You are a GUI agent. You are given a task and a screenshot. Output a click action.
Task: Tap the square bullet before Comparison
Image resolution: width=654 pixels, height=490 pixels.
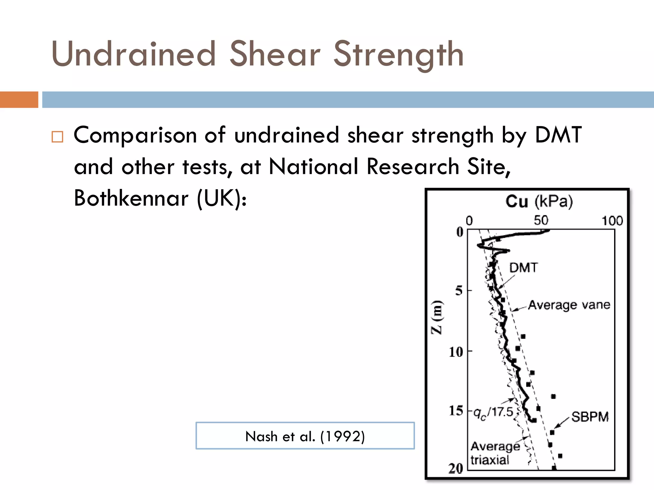click(57, 137)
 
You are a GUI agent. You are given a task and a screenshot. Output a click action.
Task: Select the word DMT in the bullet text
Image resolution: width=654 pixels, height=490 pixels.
click(558, 135)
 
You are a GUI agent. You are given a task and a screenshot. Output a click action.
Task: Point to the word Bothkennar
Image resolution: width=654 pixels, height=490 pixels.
click(131, 198)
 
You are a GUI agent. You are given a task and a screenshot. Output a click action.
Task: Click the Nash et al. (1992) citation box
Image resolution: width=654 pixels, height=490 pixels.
click(305, 436)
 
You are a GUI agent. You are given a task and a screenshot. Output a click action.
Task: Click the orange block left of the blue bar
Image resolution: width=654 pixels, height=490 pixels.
click(19, 100)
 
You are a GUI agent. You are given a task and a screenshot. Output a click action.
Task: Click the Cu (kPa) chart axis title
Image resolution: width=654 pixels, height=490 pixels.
click(539, 201)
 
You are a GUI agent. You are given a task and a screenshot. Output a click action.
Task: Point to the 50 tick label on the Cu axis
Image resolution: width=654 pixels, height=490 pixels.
click(541, 220)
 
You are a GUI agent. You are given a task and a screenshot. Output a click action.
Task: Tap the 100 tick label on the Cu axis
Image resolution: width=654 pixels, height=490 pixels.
click(612, 221)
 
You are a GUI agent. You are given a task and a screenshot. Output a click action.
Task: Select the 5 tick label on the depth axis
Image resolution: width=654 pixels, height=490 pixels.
click(459, 291)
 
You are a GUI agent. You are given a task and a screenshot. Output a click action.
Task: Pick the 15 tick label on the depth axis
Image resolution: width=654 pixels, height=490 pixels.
click(456, 411)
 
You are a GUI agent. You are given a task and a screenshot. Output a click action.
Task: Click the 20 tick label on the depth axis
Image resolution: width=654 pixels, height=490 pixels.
click(456, 468)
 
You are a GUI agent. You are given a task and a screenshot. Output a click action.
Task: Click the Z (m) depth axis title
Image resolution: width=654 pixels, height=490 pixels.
click(437, 317)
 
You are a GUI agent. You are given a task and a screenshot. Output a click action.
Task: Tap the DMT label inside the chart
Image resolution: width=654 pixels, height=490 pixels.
click(523, 268)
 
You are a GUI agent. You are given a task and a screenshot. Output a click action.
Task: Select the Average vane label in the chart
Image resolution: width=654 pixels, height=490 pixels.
click(569, 305)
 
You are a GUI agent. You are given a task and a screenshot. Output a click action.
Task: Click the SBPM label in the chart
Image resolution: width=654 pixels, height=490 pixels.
click(590, 417)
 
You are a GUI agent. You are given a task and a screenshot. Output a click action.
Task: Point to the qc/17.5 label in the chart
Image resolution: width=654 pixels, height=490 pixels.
click(493, 413)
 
